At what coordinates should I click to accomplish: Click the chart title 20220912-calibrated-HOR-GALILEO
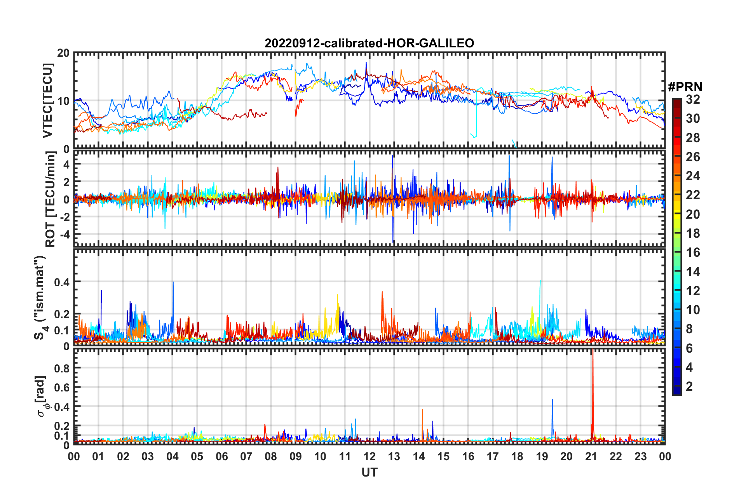369,43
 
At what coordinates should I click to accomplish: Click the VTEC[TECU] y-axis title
47,101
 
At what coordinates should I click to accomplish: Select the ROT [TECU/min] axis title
50,199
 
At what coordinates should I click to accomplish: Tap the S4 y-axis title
40,297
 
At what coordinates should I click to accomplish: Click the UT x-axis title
369,472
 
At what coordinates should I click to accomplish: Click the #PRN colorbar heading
685,87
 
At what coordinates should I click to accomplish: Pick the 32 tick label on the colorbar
693,99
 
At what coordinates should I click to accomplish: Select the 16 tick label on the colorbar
693,252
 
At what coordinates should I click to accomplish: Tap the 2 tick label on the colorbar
689,386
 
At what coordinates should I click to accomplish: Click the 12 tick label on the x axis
369,456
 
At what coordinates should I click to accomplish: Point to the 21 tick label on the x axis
591,456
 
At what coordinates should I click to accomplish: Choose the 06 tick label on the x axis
222,456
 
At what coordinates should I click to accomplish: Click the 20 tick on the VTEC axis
63,53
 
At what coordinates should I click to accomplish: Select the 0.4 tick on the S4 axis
62,282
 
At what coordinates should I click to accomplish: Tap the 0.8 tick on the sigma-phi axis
62,368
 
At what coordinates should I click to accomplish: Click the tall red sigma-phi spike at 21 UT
593,373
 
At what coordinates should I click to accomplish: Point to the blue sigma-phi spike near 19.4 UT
553,404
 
